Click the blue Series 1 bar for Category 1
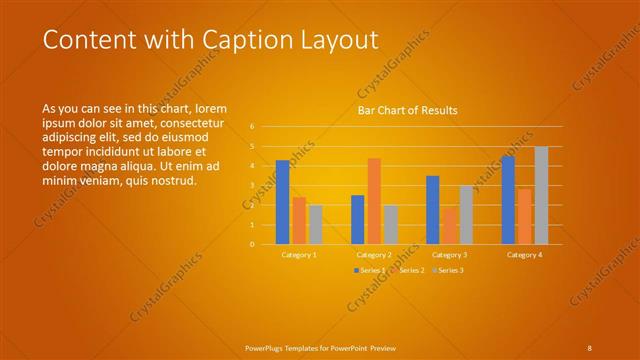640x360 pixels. [x=283, y=202]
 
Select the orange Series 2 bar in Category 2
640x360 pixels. [x=374, y=201]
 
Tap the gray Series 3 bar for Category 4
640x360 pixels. [x=541, y=195]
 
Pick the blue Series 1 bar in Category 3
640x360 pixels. [x=432, y=210]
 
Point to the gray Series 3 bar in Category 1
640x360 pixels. [x=316, y=224]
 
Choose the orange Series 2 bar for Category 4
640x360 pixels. [x=525, y=216]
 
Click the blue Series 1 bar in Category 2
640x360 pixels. [x=358, y=219]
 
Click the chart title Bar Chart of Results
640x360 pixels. [x=408, y=110]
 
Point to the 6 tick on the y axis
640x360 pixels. [x=252, y=127]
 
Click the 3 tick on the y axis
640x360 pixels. [x=252, y=185]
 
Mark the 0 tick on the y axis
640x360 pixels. [x=252, y=244]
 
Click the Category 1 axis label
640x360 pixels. [x=299, y=255]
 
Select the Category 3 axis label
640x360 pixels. [x=449, y=255]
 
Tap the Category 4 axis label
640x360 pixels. [x=524, y=255]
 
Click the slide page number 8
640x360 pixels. [x=589, y=347]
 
